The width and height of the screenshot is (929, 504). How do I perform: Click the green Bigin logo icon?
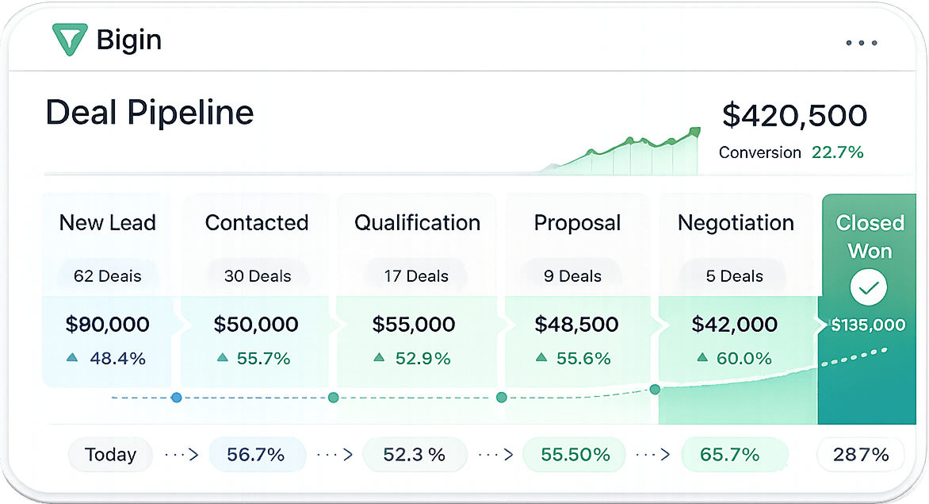pos(69,40)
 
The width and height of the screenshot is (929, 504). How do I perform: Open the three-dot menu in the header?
pos(862,43)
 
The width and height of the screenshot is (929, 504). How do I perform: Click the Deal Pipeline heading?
pos(150,113)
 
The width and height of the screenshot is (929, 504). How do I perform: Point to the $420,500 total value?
pos(794,115)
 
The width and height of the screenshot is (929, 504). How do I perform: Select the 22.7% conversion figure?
pos(837,152)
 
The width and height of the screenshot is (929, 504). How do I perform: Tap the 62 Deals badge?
pos(107,275)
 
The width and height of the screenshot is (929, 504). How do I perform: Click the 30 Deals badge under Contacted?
pos(258,275)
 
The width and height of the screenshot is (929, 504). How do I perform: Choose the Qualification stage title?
pos(417,223)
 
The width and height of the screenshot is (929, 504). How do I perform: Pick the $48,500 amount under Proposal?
pos(576,325)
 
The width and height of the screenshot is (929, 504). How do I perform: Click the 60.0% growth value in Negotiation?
pos(744,358)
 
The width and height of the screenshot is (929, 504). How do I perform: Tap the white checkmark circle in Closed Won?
pos(869,287)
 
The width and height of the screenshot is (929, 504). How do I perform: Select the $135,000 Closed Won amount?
pos(868,325)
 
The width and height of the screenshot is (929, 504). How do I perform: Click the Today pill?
pos(110,455)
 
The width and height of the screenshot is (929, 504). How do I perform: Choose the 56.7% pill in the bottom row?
pos(257,455)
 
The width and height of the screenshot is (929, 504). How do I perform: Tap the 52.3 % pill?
pos(414,455)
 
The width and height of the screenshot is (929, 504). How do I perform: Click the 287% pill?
pos(860,455)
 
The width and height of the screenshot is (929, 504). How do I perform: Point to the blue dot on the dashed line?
pos(176,398)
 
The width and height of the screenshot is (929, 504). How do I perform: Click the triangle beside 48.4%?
pos(72,357)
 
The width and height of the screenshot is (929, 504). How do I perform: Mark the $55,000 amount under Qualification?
pos(414,325)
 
